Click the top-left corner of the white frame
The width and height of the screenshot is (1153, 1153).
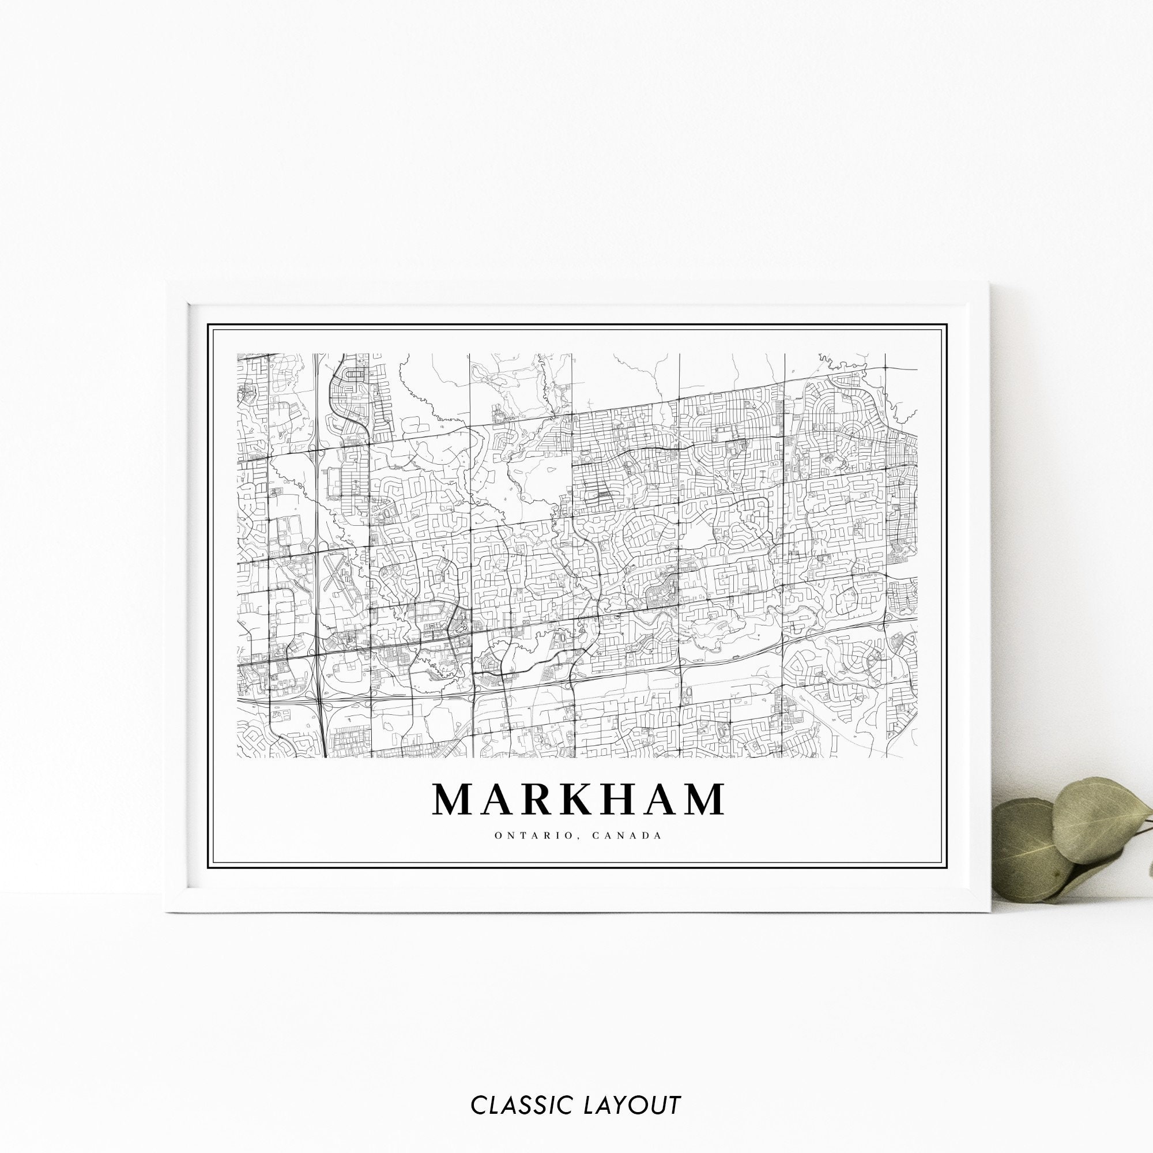point(167,284)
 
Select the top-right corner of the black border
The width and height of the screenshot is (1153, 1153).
point(947,325)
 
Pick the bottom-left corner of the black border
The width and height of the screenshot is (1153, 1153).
point(207,869)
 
